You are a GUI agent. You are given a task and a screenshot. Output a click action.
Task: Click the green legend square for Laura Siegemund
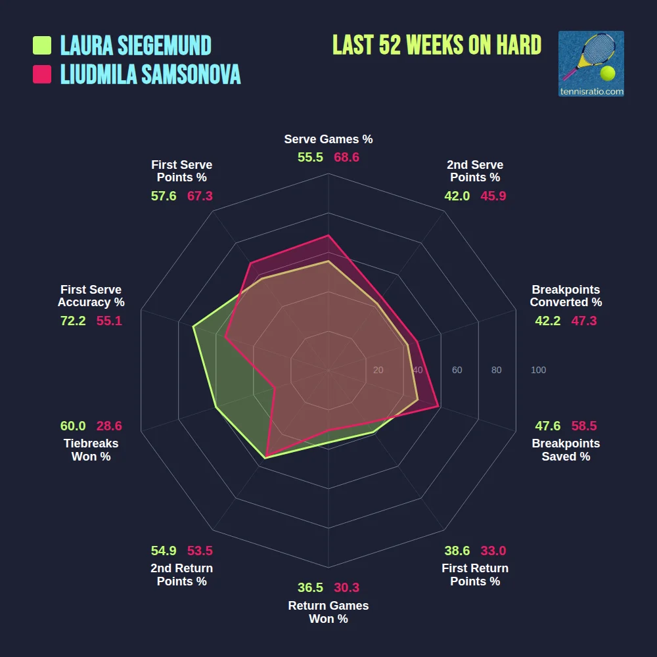click(42, 45)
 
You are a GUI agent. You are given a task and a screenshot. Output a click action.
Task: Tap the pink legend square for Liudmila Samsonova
click(42, 74)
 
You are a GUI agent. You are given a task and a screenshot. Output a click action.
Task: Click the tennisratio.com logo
click(591, 64)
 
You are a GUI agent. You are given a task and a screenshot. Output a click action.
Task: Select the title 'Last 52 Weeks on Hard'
click(437, 45)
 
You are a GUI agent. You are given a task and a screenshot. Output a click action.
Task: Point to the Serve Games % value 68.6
click(346, 158)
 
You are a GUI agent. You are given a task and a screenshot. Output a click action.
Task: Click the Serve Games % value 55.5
click(310, 158)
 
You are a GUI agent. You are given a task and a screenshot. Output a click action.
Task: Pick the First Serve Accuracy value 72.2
click(73, 321)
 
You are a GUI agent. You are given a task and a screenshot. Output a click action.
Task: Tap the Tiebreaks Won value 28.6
click(109, 426)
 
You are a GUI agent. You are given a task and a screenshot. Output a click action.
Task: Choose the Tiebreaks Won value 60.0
click(73, 426)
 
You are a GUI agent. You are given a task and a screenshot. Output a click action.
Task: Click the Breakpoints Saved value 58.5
click(584, 426)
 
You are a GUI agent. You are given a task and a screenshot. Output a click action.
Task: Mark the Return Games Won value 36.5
click(310, 587)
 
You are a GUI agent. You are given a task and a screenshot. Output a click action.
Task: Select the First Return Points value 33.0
click(493, 551)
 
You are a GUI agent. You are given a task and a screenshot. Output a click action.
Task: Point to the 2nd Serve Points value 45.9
click(493, 196)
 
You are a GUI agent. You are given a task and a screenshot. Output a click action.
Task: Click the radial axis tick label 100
click(538, 371)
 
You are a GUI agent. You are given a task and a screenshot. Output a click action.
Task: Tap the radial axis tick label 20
click(378, 371)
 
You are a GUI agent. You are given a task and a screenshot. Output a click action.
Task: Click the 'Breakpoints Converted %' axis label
click(566, 296)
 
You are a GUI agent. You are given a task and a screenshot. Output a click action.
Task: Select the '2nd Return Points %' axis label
click(182, 575)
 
